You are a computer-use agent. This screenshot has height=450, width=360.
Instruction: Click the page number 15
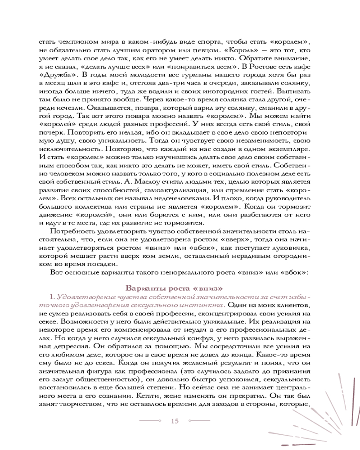pos(175,421)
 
